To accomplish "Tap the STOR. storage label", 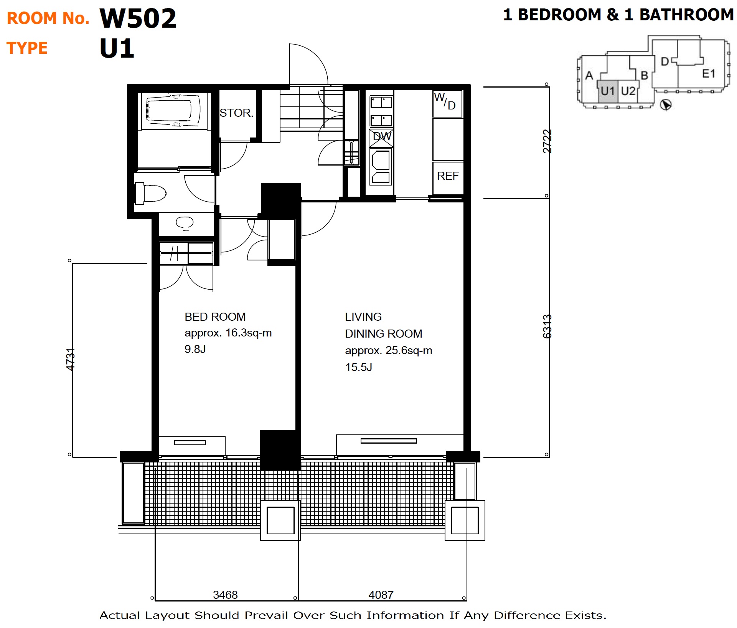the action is tap(236, 113).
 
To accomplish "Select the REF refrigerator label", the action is tap(448, 176).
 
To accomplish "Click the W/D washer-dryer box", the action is tap(448, 104).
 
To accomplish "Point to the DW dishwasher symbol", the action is tap(381, 138).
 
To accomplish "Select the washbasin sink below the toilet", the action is tap(185, 223).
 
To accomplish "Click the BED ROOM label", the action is tap(215, 317).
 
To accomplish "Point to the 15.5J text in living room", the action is tap(358, 367).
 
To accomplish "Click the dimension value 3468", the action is tap(225, 595).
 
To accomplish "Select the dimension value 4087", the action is tap(381, 595).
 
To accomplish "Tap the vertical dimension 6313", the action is tap(547, 326).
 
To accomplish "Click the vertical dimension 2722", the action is tap(547, 141).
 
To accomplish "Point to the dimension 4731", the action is tap(70, 360).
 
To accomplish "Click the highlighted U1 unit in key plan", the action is tap(608, 91).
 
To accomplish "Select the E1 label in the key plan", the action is tap(708, 73).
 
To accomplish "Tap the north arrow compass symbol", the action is tap(666, 104).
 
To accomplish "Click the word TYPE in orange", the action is tap(27, 48).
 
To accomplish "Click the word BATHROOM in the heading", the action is tap(686, 15).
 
